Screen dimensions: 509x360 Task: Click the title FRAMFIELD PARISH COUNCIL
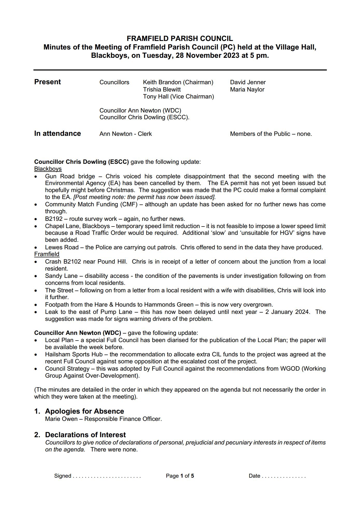click(x=180, y=39)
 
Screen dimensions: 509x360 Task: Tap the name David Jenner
click(x=248, y=82)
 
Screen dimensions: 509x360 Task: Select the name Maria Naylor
click(x=247, y=89)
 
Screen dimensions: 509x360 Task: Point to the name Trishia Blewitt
click(x=162, y=89)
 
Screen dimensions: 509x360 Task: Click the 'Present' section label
click(x=47, y=82)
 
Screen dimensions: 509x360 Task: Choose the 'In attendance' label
click(x=58, y=133)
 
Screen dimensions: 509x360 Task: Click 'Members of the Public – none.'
click(x=271, y=134)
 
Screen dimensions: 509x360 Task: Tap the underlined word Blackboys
click(x=48, y=169)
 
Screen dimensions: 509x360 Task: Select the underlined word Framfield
click(x=47, y=254)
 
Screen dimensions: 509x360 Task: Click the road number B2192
click(x=54, y=219)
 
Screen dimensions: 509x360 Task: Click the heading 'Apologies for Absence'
click(x=84, y=411)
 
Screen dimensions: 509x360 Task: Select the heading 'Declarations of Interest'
click(x=85, y=435)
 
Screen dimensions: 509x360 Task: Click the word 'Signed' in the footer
click(x=62, y=476)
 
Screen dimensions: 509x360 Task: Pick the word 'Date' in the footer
click(x=254, y=476)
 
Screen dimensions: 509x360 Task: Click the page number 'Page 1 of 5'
click(x=180, y=476)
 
